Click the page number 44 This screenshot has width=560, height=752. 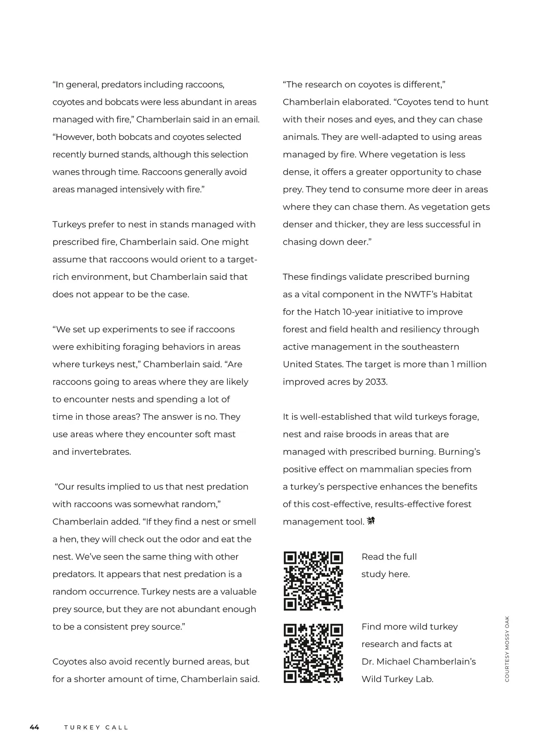tap(35, 727)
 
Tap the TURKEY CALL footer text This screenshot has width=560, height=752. tap(96, 727)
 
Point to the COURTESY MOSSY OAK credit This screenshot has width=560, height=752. tap(507, 649)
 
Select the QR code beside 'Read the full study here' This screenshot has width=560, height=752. tap(313, 581)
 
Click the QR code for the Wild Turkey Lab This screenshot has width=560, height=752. tap(313, 653)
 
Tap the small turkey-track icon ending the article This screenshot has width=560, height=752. tap(371, 521)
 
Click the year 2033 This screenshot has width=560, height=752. tap(376, 382)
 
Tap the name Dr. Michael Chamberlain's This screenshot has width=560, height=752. tap(419, 662)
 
